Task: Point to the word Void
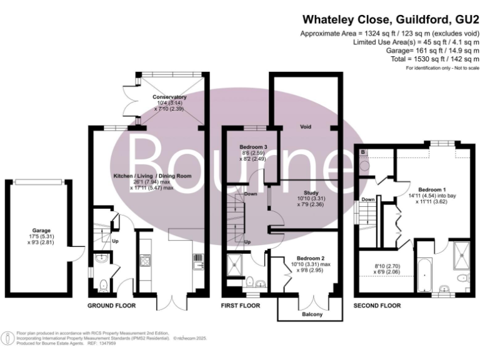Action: coord(306,127)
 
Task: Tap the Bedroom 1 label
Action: coord(432,189)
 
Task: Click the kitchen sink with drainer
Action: coord(198,262)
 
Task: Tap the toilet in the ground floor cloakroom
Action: coord(104,285)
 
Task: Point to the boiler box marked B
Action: coord(363,152)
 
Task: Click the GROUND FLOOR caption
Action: coord(112,306)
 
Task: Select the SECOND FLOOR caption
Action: coord(377,306)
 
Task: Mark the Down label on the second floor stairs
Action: coord(368,200)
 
